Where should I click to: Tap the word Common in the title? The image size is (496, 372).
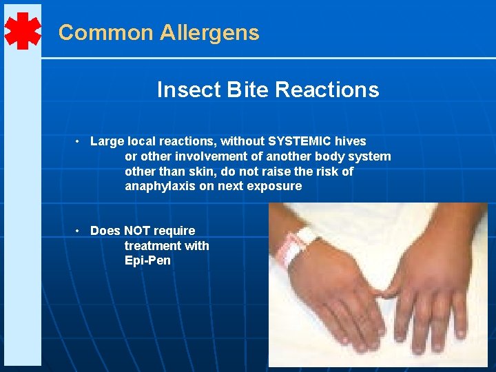pyautogui.click(x=106, y=33)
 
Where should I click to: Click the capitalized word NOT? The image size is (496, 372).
pyautogui.click(x=138, y=231)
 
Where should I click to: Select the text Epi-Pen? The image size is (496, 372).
pyautogui.click(x=147, y=261)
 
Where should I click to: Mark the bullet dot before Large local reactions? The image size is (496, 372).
pyautogui.click(x=79, y=141)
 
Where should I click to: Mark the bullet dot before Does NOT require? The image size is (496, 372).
pyautogui.click(x=79, y=231)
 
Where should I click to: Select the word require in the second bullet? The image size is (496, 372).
pyautogui.click(x=174, y=231)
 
